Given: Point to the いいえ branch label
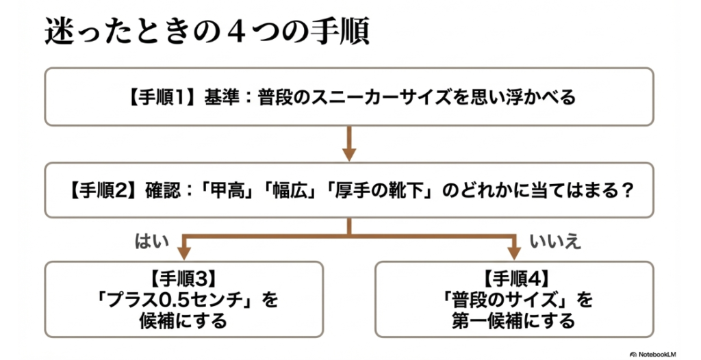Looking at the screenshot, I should click(555, 242).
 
